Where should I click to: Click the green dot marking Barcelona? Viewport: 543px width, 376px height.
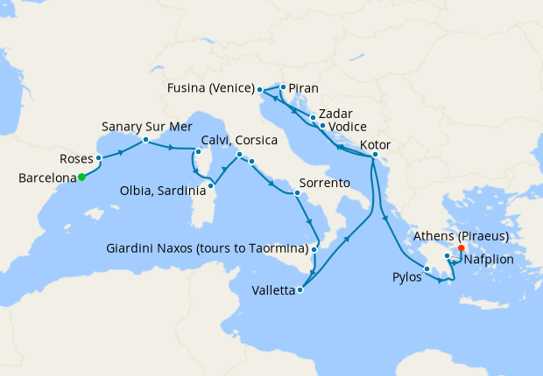click(x=81, y=177)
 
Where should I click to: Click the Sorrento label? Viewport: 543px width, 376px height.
click(x=325, y=184)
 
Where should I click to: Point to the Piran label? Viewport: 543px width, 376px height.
click(x=303, y=88)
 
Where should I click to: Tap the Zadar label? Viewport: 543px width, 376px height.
click(x=336, y=114)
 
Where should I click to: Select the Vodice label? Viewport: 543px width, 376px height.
click(x=348, y=128)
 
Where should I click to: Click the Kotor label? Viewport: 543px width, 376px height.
click(x=375, y=145)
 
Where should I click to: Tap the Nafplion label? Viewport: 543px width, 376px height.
click(x=490, y=260)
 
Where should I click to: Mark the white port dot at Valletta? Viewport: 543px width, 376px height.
click(x=301, y=289)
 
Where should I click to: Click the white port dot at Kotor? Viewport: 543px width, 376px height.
click(x=374, y=157)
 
